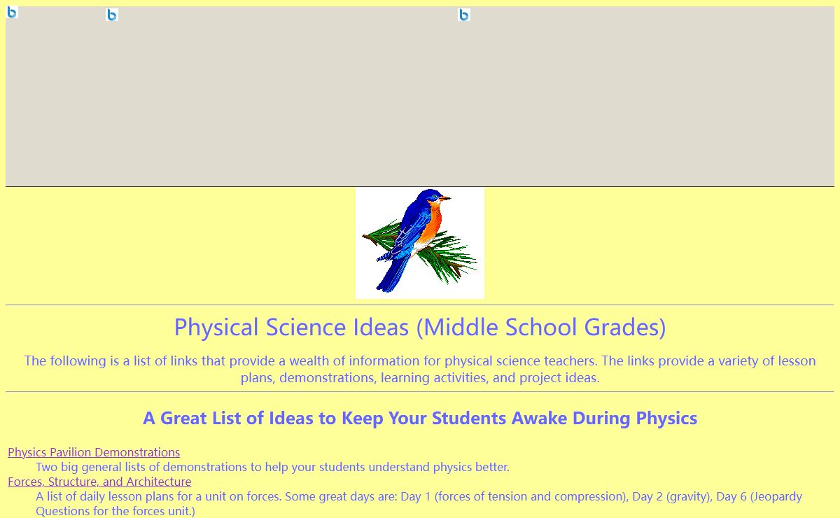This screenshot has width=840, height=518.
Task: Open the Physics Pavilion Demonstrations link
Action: [94, 452]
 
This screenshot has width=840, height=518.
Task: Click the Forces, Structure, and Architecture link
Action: [99, 482]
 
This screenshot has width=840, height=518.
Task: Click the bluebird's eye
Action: [435, 196]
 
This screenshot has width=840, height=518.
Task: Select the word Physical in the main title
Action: [216, 328]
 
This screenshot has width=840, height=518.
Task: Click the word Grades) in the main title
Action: [624, 328]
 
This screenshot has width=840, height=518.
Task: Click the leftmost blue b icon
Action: [12, 12]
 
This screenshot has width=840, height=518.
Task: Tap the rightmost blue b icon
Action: [464, 15]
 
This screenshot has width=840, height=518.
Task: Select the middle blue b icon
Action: [112, 15]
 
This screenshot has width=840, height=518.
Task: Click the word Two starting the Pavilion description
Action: [47, 467]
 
